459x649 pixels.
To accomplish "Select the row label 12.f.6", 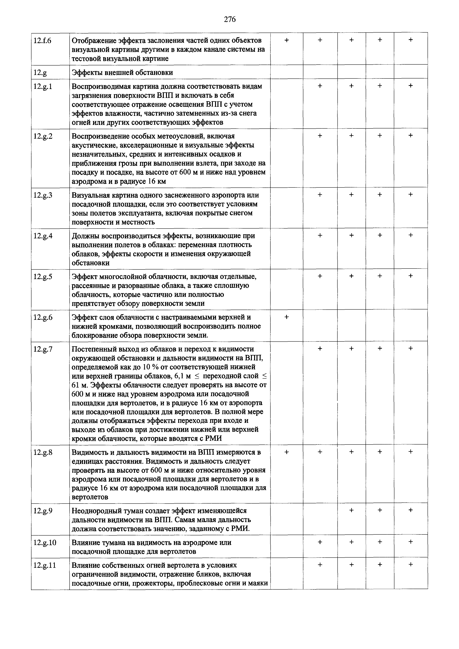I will [42, 41].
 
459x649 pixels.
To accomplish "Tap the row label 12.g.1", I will [43, 86].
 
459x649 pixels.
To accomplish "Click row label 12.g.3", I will [43, 195].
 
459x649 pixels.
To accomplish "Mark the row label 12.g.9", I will [43, 511].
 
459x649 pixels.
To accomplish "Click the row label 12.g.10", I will [45, 542].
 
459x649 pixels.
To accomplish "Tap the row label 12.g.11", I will [45, 565].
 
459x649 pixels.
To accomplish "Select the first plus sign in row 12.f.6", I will [287, 40].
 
